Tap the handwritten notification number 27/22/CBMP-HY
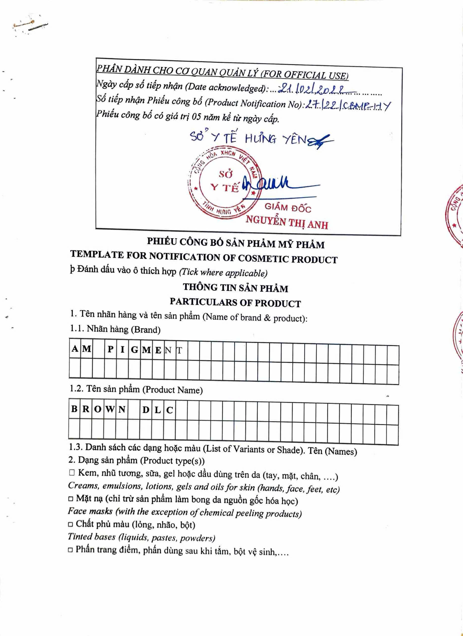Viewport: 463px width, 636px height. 348,106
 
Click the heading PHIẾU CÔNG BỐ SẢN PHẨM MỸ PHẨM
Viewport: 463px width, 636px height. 236,243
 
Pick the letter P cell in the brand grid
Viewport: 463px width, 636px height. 110,349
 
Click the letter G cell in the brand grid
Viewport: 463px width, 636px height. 134,350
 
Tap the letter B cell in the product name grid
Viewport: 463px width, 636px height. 74,409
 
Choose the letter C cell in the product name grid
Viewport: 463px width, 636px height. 169,410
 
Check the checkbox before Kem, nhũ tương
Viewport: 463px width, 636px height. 72,473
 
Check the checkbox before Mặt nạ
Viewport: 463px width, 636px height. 71,499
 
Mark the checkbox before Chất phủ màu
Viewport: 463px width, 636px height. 71,524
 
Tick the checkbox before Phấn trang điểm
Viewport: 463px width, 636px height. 70,550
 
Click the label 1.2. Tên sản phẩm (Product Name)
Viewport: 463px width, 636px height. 136,389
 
